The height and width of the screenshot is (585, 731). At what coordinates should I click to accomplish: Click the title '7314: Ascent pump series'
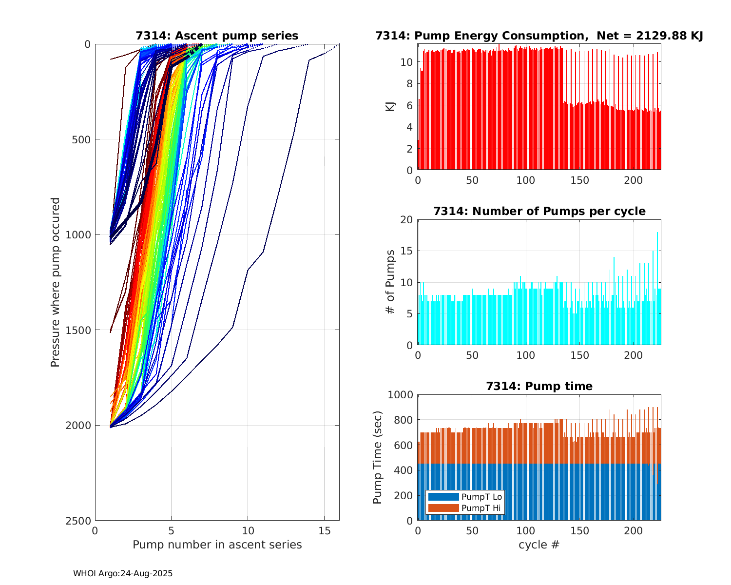click(x=217, y=36)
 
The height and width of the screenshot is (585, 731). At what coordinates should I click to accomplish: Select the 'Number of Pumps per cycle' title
click(x=539, y=211)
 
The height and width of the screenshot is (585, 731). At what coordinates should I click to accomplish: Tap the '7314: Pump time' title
click(x=539, y=386)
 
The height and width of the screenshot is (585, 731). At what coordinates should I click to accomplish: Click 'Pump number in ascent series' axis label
click(x=217, y=545)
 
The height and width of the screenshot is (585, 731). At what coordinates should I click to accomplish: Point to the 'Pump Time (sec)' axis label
click(x=377, y=457)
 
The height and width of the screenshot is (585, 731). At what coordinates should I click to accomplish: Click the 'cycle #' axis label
click(x=539, y=545)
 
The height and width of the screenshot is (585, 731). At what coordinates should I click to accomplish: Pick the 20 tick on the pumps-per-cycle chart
click(x=406, y=220)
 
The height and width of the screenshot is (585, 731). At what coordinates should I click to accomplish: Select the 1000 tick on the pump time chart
click(x=400, y=395)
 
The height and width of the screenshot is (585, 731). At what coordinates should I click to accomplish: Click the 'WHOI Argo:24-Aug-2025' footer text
click(x=123, y=573)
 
